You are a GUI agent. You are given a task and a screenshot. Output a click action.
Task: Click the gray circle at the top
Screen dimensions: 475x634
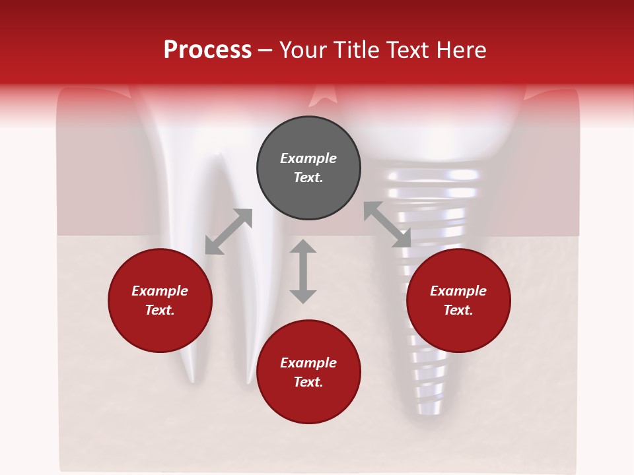coord(308,168)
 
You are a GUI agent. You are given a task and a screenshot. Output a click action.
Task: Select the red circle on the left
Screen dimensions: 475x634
coord(160,301)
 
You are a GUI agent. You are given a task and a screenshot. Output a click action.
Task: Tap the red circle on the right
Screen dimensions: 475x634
coord(458,301)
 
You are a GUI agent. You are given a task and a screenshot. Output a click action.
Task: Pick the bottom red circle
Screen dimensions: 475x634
coord(308,372)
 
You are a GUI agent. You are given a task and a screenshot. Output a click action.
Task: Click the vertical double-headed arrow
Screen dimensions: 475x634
coord(303,271)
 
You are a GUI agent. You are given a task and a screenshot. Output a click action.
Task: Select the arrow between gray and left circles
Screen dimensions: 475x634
coord(229,232)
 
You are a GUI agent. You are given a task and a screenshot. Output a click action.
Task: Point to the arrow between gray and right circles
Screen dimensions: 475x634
coord(388,225)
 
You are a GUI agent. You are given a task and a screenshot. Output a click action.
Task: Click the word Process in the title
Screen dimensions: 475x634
coord(207,49)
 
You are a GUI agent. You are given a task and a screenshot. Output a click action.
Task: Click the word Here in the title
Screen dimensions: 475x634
coord(462,49)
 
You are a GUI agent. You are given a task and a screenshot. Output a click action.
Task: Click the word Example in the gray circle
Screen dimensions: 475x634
coord(308,158)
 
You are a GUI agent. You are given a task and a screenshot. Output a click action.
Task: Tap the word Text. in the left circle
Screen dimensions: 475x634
coord(160,310)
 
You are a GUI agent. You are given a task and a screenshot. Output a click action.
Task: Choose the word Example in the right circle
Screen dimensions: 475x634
coord(458,291)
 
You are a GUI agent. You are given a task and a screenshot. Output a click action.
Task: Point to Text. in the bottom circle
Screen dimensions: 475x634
coord(308,382)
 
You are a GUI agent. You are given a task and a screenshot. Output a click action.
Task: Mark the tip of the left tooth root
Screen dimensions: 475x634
coord(192,379)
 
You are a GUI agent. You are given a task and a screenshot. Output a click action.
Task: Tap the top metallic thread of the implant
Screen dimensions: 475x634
coord(434,175)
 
